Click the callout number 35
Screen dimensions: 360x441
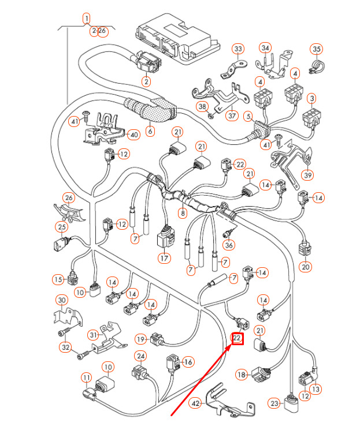(x=316, y=49)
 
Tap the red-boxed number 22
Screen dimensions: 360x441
(x=237, y=338)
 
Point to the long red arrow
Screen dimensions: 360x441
(x=201, y=380)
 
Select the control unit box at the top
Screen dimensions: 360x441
(x=177, y=41)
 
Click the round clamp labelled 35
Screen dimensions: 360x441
(x=317, y=66)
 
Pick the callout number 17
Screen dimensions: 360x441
(x=164, y=258)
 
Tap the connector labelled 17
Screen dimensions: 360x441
(x=165, y=238)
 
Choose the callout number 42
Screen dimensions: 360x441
(x=196, y=404)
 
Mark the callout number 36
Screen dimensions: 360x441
(x=229, y=245)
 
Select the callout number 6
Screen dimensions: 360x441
(x=150, y=131)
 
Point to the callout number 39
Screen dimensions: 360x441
(x=308, y=175)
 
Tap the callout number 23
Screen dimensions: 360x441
(x=274, y=403)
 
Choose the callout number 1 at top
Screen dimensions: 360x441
(x=87, y=19)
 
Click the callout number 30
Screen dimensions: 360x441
(x=62, y=300)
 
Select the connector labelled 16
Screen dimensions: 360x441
(x=173, y=364)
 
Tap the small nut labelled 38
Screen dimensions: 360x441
(x=210, y=115)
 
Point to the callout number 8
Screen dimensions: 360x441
(x=183, y=212)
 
